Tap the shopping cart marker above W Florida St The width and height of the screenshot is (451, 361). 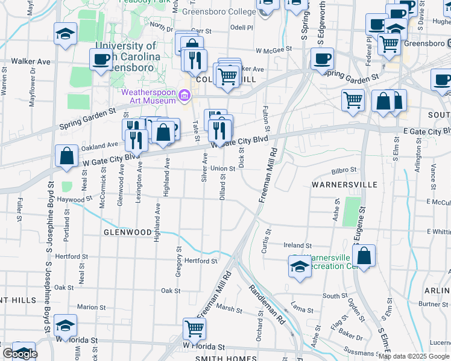(194, 329)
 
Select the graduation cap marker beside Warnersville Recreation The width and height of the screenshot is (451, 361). (299, 267)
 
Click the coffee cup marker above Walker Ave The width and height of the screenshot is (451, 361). (101, 59)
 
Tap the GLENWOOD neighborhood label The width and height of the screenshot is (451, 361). (127, 232)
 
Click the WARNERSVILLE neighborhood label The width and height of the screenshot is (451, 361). (344, 184)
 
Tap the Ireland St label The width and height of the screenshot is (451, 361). (298, 245)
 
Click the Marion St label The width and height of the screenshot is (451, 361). (92, 307)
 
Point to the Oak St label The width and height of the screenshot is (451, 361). (171, 291)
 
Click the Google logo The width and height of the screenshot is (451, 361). (19, 354)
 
